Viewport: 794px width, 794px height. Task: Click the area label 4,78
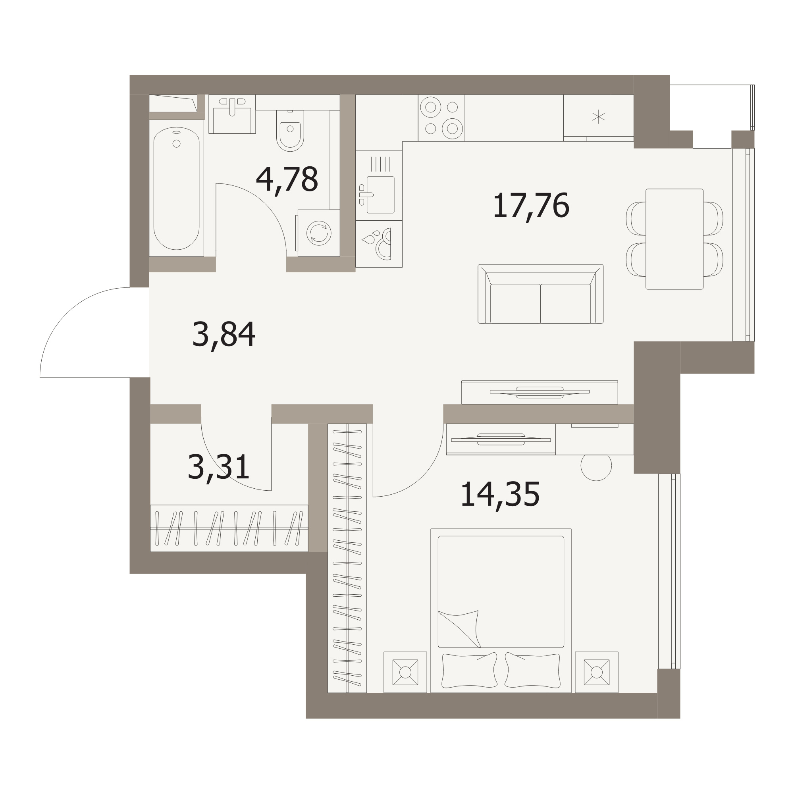click(287, 180)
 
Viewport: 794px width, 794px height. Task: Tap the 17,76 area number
click(530, 206)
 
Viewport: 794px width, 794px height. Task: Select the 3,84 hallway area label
click(224, 335)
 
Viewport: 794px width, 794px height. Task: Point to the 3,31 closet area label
click(219, 467)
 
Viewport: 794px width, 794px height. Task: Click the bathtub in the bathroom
click(176, 188)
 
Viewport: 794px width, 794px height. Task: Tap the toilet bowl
click(290, 131)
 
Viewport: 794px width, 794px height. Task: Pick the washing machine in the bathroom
click(318, 233)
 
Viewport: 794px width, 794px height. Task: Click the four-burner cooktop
click(441, 118)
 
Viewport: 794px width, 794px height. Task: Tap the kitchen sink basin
click(381, 195)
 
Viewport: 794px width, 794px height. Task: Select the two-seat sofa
click(540, 294)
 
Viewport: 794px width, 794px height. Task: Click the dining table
click(675, 239)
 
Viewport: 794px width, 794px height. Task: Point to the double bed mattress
click(501, 592)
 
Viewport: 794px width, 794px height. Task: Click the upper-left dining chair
click(636, 219)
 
